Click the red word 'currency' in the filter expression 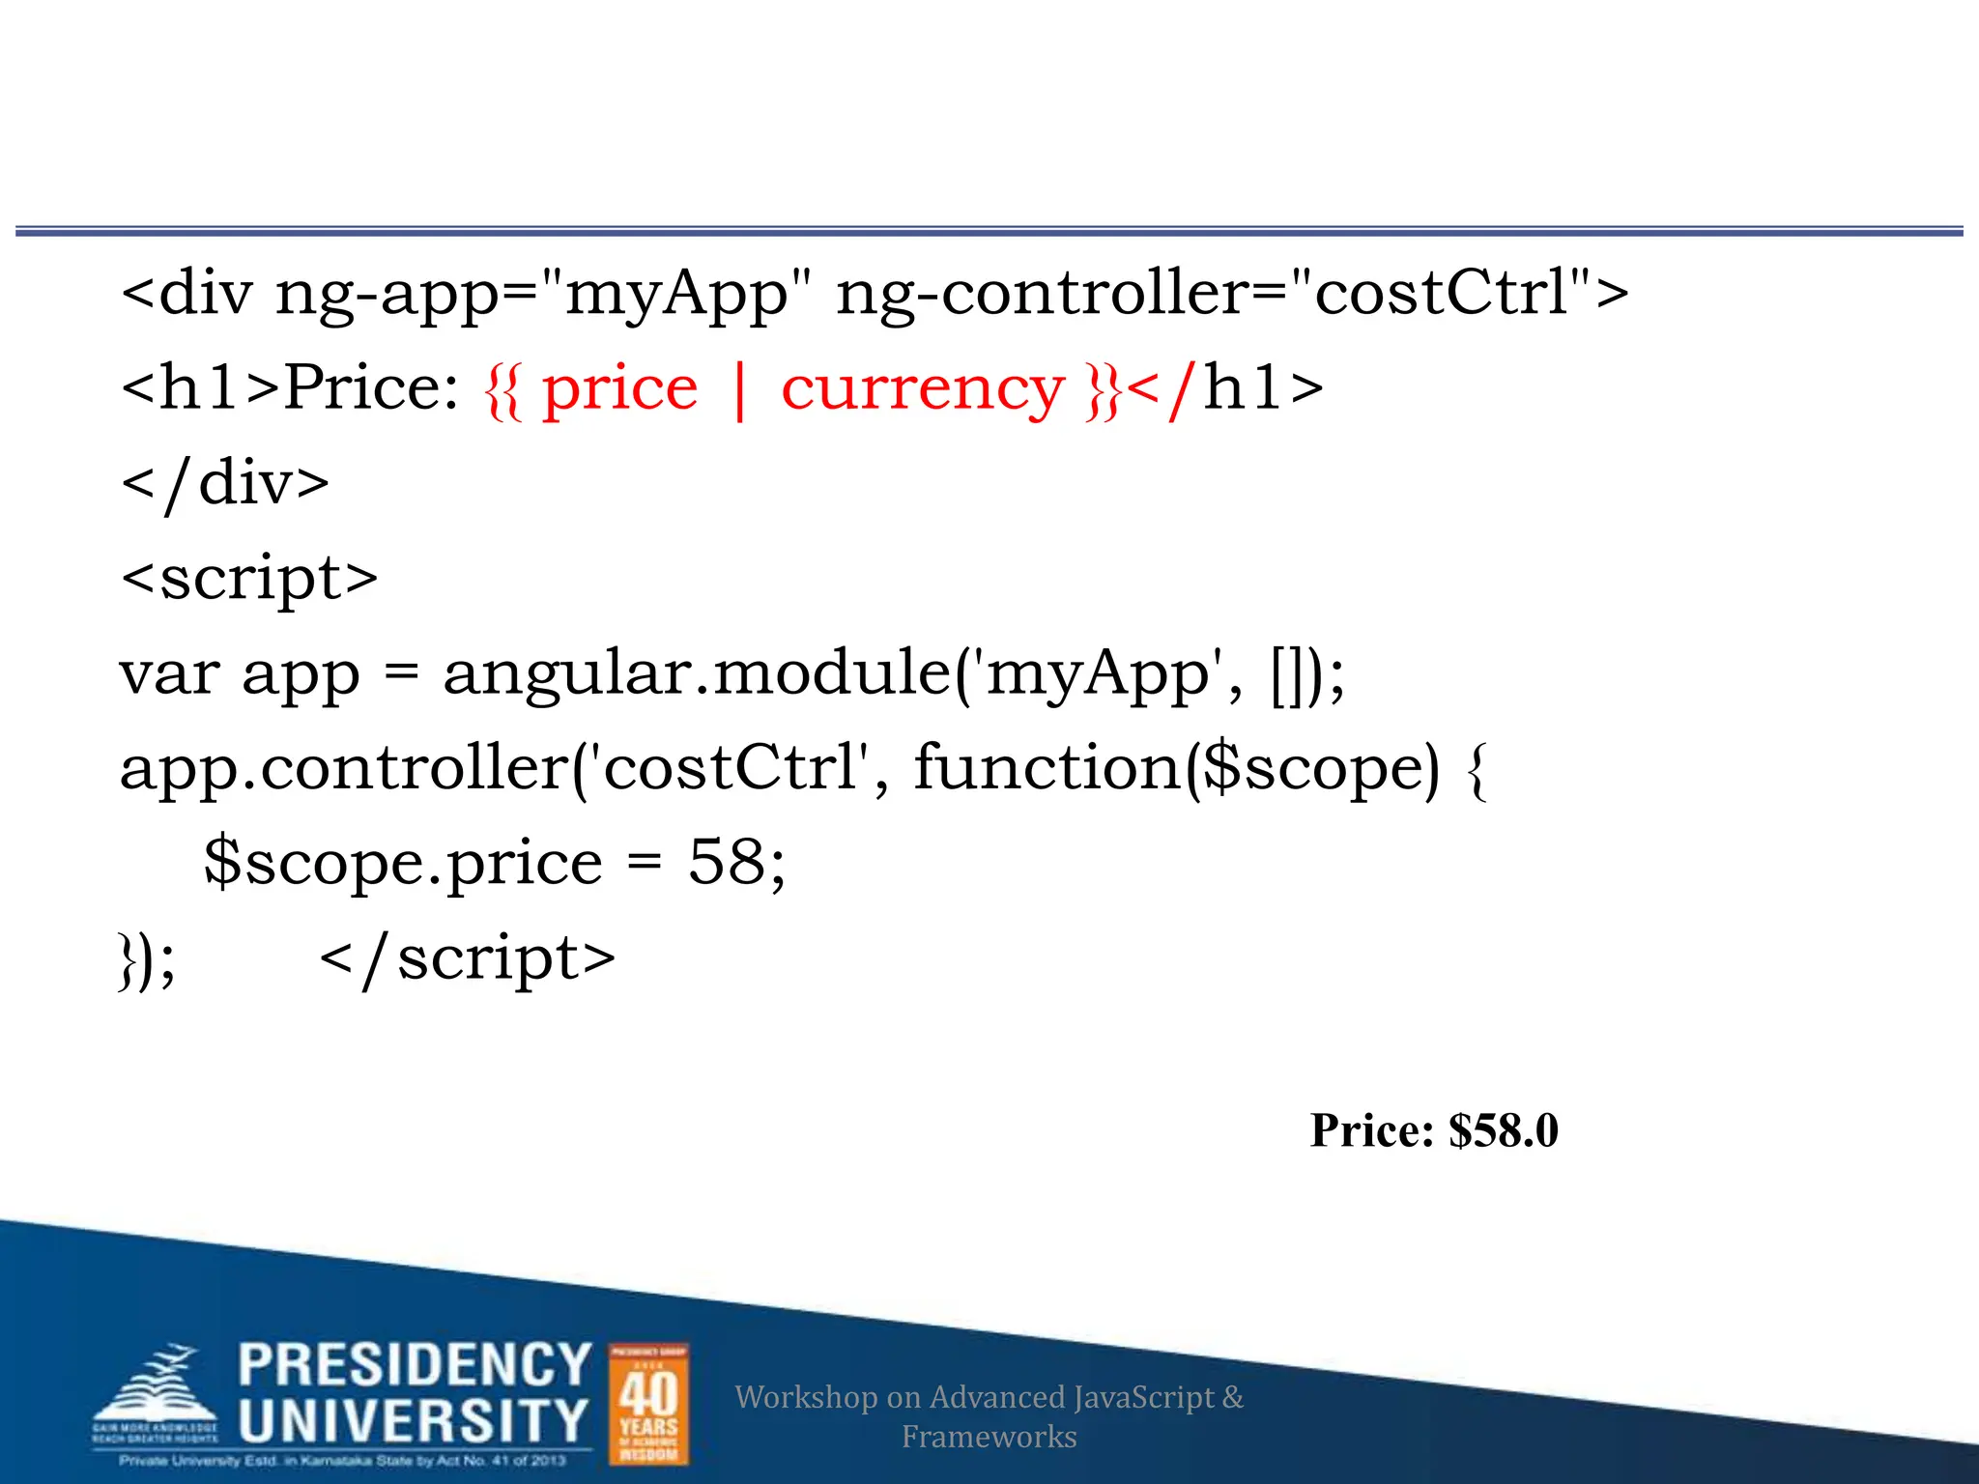922,389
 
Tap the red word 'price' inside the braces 619,389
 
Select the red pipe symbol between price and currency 740,389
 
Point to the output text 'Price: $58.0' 1434,1130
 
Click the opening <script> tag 249,578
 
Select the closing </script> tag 467,958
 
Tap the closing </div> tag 224,483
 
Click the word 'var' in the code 169,672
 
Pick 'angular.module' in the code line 696,672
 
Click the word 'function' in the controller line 1047,767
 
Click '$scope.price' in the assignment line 403,863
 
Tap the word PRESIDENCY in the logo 415,1364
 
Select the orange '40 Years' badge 648,1404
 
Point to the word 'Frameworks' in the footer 989,1437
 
